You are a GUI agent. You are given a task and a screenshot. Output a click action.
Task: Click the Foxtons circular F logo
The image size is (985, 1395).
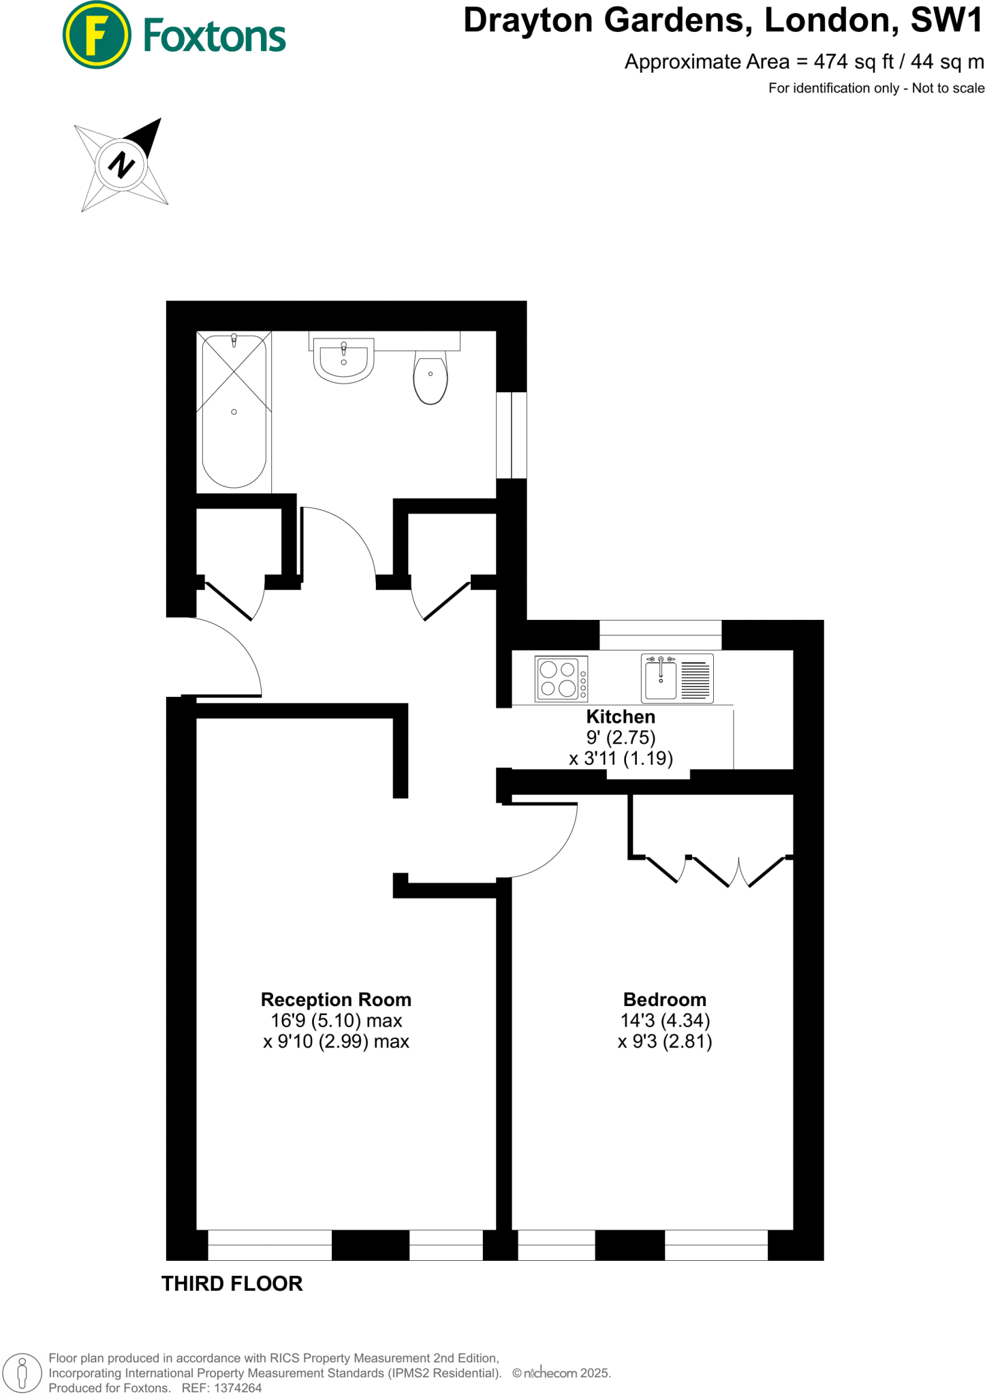97,35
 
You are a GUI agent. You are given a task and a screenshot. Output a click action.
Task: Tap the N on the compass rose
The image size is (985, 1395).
121,165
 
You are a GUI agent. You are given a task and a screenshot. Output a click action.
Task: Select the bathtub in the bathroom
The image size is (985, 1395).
234,411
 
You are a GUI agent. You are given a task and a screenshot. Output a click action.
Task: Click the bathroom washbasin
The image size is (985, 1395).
343,361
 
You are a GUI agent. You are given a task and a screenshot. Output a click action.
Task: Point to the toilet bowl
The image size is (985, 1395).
431,379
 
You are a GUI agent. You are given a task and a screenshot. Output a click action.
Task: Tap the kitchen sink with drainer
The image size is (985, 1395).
676,678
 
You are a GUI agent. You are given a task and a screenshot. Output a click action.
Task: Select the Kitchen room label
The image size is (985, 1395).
621,717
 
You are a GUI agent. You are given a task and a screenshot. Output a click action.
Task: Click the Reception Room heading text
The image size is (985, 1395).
336,1000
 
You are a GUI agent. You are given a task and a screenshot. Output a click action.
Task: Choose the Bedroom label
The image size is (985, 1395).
665,1000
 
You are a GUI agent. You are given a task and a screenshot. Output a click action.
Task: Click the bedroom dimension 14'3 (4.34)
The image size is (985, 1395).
665,1020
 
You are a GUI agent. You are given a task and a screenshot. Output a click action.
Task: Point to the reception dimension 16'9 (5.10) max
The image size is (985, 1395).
336,1020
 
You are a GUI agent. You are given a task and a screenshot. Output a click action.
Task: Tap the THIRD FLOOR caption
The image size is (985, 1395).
232,1284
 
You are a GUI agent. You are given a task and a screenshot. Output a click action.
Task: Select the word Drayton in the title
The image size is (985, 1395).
529,20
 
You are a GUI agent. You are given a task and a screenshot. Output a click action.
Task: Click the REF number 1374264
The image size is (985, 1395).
238,1388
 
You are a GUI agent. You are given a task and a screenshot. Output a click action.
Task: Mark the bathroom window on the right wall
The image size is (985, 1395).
511,435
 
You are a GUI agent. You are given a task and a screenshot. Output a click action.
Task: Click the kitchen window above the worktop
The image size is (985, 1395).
660,635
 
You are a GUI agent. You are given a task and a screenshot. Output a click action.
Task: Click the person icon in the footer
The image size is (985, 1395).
22,1372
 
